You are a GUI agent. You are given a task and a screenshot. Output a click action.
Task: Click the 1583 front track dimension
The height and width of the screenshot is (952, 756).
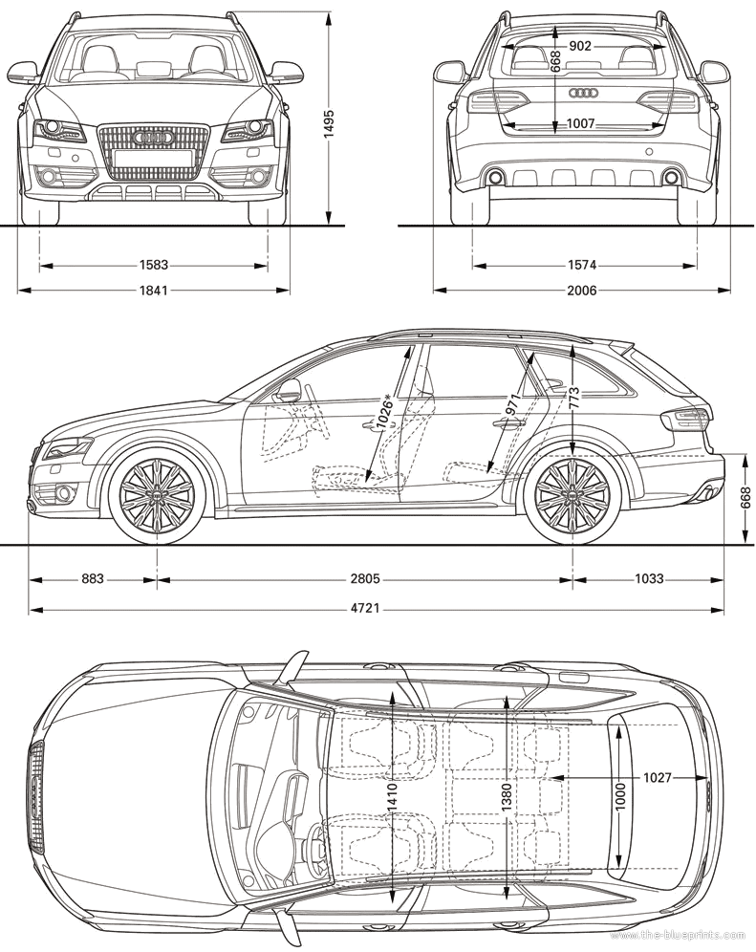tap(153, 265)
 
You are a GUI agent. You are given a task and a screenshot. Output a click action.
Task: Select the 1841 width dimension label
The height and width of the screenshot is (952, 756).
tap(153, 291)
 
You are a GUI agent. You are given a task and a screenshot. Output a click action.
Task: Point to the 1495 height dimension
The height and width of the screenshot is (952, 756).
tap(329, 124)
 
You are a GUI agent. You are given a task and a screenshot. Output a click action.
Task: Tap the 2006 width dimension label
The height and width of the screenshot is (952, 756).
tap(581, 291)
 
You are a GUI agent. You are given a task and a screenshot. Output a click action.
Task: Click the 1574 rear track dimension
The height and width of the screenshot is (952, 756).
tap(581, 265)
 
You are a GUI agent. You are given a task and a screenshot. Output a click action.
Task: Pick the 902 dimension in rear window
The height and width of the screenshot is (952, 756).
tap(580, 46)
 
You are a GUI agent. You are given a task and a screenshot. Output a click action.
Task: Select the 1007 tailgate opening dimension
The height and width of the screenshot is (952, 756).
tap(580, 124)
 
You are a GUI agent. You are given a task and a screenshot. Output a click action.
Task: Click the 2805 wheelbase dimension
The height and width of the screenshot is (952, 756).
tap(364, 578)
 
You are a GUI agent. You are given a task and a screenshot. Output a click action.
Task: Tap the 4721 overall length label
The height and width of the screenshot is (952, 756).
tap(364, 607)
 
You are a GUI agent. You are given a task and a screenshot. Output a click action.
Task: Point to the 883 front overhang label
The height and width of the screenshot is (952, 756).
tap(93, 578)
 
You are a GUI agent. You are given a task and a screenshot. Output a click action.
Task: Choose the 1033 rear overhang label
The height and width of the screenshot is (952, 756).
tap(649, 578)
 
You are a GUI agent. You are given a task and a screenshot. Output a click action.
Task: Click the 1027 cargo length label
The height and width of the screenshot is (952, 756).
tap(657, 777)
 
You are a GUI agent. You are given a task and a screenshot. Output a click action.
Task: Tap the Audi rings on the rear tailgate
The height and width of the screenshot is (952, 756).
tap(584, 93)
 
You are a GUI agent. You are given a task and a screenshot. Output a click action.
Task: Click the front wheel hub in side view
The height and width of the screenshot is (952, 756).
tap(157, 495)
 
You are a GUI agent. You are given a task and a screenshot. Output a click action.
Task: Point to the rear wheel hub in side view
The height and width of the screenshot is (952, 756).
tap(572, 495)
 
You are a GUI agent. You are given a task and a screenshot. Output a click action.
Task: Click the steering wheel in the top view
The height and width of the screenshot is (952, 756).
tap(315, 840)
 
